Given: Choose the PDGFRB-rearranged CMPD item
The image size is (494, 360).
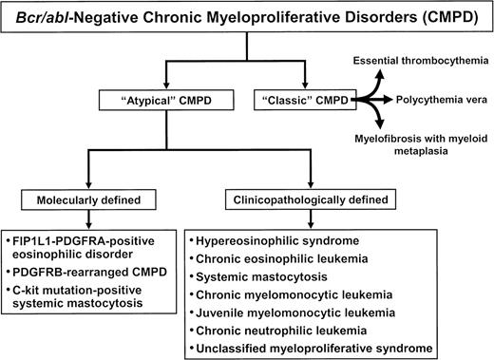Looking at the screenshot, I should point(80,271).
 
